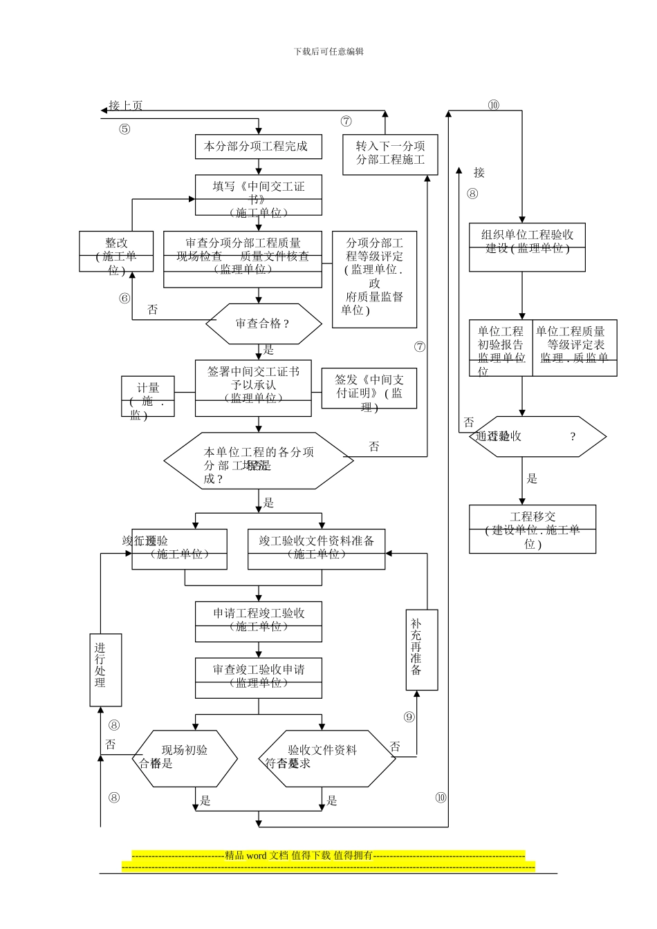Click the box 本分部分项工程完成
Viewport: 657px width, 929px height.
[258, 147]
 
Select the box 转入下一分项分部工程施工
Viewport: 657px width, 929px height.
[390, 154]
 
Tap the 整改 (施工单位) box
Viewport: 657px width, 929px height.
[116, 252]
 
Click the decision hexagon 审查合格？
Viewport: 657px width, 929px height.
[263, 323]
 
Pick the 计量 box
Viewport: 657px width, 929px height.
[147, 397]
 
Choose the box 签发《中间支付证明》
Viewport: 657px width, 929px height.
[369, 388]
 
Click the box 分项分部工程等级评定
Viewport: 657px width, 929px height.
[374, 279]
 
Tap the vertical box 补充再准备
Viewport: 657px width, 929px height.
[421, 650]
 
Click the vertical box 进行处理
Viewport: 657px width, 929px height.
[105, 670]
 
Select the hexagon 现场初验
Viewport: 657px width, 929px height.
[184, 758]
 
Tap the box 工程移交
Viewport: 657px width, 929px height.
[532, 529]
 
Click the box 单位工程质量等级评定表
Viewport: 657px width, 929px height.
[574, 348]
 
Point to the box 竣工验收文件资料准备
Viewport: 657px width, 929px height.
[316, 550]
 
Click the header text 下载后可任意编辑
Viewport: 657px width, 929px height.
[328, 51]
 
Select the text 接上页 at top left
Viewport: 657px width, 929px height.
[126, 106]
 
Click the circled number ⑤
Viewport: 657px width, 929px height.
[124, 129]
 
